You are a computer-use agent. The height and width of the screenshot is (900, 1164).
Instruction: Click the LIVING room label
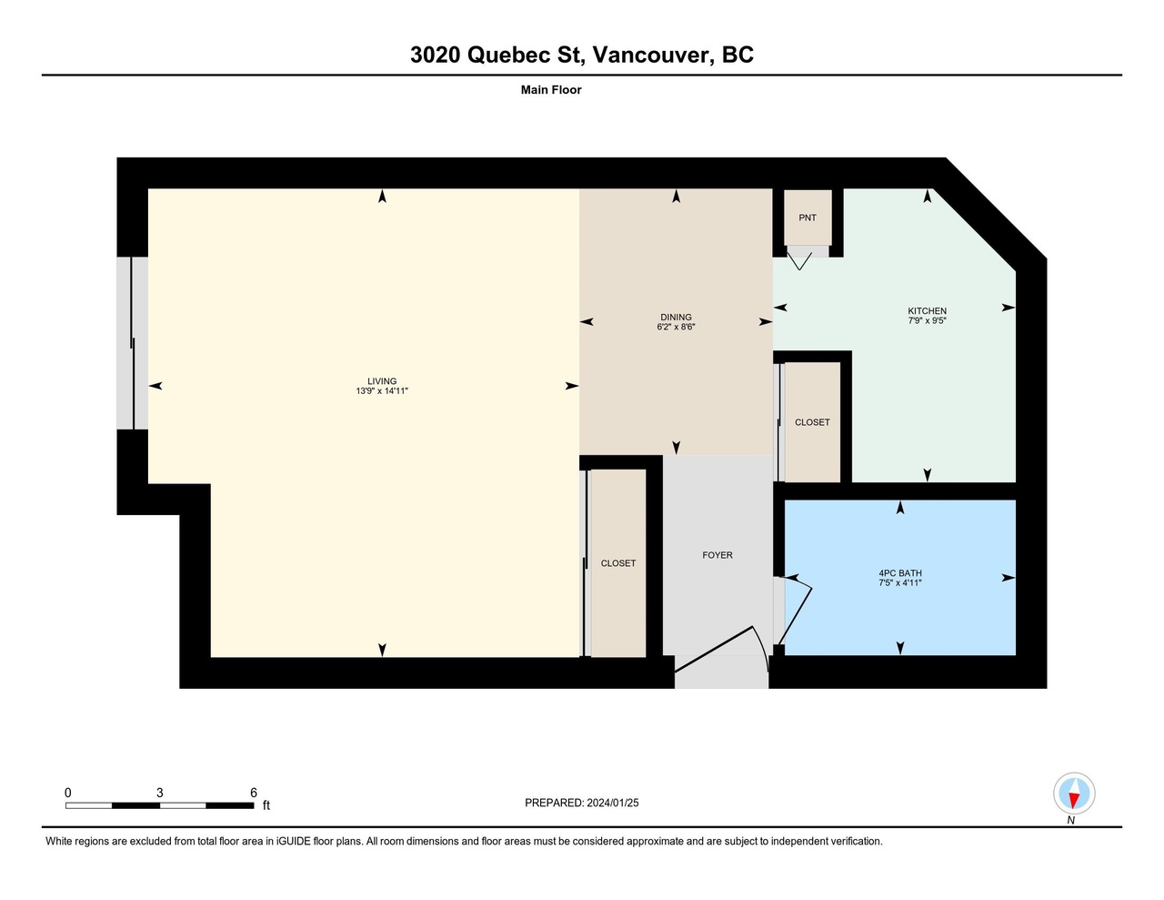tap(382, 381)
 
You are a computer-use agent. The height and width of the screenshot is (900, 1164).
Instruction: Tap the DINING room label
tap(676, 318)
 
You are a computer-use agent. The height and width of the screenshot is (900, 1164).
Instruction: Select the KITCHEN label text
tap(927, 311)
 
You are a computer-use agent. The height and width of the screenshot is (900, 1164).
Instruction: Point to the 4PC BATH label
tap(899, 573)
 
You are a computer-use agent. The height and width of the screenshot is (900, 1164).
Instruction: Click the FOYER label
tap(717, 555)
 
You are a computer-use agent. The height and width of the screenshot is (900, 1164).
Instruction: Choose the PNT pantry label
tap(808, 217)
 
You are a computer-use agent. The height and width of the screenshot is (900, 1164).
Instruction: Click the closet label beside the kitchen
tap(812, 422)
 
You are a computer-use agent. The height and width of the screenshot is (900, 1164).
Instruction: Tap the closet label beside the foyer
tap(618, 563)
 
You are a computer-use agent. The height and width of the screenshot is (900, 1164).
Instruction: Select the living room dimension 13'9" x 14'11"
tap(382, 391)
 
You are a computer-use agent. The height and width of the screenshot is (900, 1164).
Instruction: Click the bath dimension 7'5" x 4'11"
tap(899, 583)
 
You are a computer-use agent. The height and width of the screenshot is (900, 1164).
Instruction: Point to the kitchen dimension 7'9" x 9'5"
tap(927, 321)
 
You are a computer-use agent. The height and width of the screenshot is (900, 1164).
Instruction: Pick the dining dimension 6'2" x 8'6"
tap(676, 327)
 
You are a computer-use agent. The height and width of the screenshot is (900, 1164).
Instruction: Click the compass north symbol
tap(1074, 794)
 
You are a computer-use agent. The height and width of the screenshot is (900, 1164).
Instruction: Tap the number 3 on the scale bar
tap(160, 793)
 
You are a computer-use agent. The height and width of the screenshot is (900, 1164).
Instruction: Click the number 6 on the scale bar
tap(254, 793)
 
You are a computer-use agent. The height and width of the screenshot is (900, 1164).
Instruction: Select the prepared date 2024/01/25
tap(613, 803)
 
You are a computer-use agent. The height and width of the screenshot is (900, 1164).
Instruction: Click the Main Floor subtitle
tap(551, 90)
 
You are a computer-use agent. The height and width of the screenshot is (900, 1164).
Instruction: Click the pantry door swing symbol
tap(799, 262)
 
